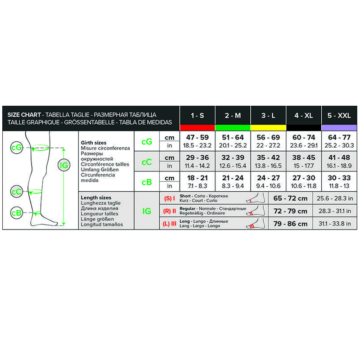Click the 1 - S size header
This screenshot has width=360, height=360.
pos(197,116)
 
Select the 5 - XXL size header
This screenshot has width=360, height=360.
pos(339,116)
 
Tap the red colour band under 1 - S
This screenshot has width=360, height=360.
pos(197,128)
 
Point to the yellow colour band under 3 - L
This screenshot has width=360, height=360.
pos(268,128)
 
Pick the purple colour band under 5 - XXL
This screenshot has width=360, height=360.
pos(339,128)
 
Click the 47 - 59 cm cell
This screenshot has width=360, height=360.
pos(197,137)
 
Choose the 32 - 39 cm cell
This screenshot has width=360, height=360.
pos(233,157)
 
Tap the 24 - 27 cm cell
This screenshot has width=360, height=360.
pos(268,178)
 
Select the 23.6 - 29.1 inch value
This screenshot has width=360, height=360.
pos(303,145)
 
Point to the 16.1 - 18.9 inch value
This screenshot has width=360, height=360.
pos(339,166)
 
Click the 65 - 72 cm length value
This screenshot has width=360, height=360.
pos(290,198)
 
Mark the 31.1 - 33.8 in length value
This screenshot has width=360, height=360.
pos(334,224)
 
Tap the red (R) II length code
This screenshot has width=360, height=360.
pos(170,211)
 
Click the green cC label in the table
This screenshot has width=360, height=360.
pos(147,162)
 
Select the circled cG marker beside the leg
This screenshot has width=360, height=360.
pos(17,148)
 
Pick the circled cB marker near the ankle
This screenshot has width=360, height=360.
pos(17,213)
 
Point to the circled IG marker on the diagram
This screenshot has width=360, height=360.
pos(63,165)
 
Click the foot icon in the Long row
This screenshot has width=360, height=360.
pos(256,223)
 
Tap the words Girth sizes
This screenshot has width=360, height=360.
pos(94,143)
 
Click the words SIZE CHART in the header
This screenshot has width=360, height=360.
pos(24,115)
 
